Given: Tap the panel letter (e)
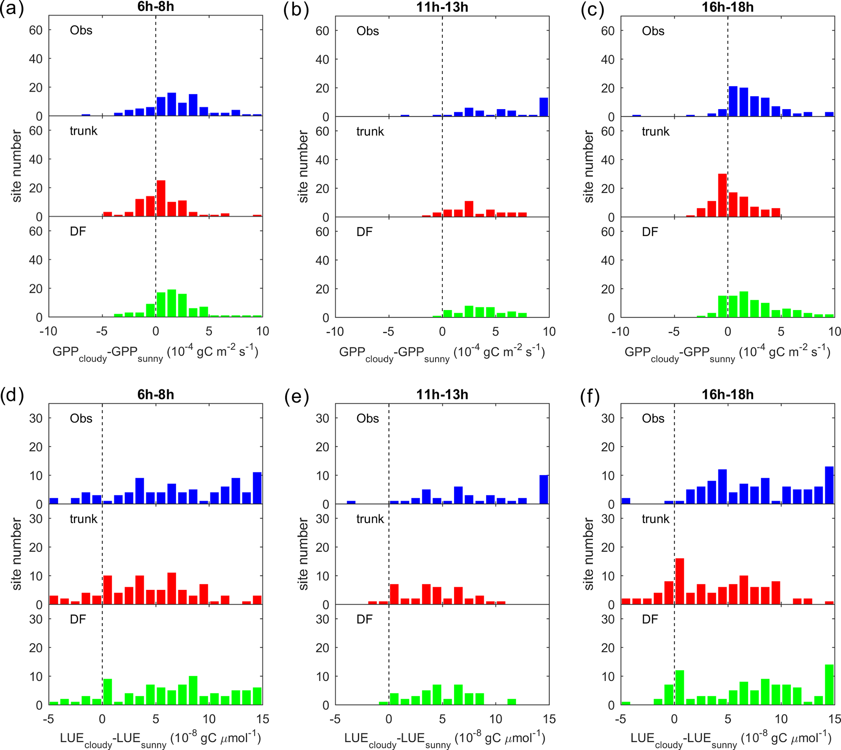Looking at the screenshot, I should click(296, 397).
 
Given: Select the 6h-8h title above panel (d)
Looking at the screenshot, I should click(155, 394).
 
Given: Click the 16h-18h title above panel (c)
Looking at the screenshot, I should click(727, 7).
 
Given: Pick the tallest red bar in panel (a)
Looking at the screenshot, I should click(161, 199).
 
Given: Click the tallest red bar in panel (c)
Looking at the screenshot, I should click(722, 195).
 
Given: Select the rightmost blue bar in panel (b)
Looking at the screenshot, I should click(544, 107).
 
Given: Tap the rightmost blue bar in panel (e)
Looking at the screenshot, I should click(544, 490).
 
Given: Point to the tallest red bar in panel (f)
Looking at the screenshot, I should click(679, 581).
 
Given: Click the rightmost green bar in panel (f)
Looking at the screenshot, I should click(829, 685).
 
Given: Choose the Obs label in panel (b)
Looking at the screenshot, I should click(367, 31).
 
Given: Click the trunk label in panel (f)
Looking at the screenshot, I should click(655, 519).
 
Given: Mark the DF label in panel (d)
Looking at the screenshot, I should click(78, 619).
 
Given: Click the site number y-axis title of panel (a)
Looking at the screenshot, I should click(16, 166).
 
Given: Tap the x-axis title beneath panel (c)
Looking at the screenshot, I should click(727, 353).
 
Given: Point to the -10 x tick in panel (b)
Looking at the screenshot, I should click(335, 331).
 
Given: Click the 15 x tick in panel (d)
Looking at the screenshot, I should click(262, 719).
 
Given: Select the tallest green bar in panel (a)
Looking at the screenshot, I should click(172, 303).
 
